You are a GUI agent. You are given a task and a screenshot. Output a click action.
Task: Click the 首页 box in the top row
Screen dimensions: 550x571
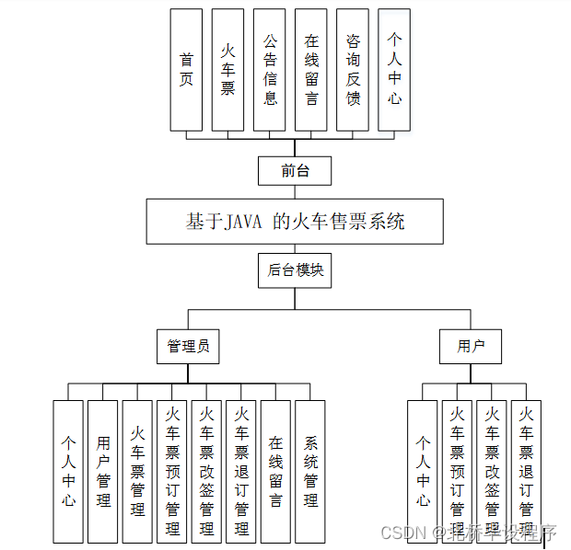coord(186,70)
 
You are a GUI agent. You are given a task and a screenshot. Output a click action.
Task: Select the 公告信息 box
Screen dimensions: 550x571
coord(270,70)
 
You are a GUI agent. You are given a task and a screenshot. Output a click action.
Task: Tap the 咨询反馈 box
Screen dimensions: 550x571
coord(353,70)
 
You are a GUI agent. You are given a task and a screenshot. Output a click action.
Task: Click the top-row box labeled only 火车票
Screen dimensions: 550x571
coord(227,70)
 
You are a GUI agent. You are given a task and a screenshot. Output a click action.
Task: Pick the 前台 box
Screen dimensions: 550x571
coord(294,170)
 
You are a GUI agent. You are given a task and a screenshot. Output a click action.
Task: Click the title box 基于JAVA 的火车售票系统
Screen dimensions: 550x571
coord(295,222)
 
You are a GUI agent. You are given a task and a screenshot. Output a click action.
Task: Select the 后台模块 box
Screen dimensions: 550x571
coord(295,270)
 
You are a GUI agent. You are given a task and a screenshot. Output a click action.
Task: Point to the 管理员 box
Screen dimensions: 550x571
coord(188,347)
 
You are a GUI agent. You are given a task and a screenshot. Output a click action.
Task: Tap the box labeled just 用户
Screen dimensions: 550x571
coord(471,347)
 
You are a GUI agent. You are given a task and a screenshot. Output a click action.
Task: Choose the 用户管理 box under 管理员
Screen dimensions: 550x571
coord(103,471)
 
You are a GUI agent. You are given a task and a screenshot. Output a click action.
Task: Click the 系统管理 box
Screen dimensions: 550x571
coord(310,471)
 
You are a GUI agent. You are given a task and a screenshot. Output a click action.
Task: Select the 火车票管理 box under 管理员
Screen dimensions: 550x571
coord(137,471)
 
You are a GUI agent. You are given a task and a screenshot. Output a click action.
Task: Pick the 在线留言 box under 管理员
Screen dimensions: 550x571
coord(275,471)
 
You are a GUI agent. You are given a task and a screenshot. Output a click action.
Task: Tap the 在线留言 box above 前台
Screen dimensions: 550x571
coord(311,70)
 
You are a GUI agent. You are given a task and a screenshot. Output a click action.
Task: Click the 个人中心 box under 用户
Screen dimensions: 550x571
coord(423,471)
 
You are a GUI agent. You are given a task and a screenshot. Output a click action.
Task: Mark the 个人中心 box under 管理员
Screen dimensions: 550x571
coord(68,471)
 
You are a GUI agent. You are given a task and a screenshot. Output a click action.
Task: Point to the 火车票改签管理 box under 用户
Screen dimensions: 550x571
coord(492,471)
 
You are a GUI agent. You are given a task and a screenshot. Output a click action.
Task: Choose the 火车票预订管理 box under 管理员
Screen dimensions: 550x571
coord(172,471)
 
